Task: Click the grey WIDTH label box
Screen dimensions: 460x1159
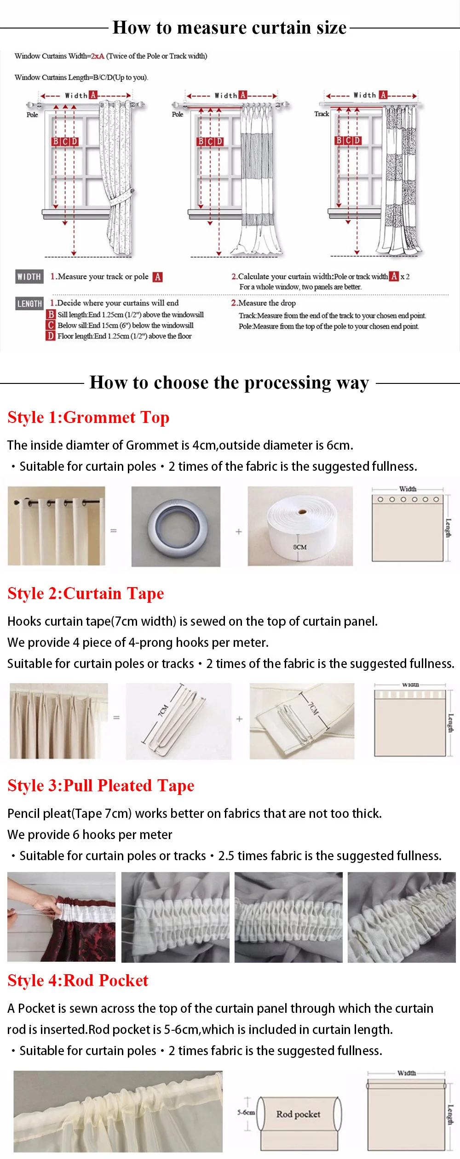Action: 29,276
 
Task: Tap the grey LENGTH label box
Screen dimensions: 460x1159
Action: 29,303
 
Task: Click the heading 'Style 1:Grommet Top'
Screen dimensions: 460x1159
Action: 88,417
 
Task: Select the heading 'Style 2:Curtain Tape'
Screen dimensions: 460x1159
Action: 86,594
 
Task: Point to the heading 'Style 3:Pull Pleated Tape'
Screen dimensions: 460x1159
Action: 101,786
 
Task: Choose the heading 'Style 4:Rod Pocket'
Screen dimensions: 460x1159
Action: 78,981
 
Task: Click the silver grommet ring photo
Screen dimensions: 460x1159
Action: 176,526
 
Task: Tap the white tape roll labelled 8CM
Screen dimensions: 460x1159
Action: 300,526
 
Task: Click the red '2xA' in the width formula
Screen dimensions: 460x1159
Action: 98,56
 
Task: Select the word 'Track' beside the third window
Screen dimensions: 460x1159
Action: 322,114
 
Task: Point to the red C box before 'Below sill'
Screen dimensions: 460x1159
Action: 51,325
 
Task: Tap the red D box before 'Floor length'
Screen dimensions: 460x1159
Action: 51,336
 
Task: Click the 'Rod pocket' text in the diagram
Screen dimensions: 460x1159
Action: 298,1114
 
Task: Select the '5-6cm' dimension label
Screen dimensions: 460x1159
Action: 246,1112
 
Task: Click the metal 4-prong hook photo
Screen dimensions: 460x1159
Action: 178,721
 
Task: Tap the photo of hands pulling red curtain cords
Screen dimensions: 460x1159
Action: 61,917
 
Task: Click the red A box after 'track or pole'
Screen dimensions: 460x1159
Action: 158,277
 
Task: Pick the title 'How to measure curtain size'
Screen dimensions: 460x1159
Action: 230,28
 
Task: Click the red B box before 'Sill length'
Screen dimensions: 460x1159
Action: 51,314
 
